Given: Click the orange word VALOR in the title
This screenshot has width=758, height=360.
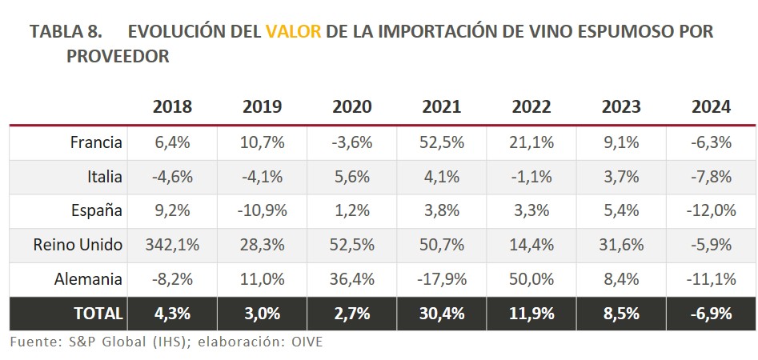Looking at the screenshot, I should (294, 32).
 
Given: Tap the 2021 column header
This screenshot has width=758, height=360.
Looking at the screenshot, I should (441, 106).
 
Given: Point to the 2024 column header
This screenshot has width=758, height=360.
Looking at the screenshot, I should (711, 106).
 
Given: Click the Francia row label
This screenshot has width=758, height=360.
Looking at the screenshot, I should (96, 142).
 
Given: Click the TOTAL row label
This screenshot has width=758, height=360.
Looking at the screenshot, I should (98, 314).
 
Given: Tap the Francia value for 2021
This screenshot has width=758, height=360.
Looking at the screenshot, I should (441, 142).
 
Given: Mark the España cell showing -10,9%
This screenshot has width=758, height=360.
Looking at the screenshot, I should (262, 210).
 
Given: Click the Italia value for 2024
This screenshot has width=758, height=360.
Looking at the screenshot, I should (711, 176).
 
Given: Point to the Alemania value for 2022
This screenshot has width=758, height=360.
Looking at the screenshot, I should (531, 279).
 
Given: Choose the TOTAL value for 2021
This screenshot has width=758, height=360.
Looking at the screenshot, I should (441, 314).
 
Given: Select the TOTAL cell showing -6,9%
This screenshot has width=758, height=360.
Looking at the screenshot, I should (711, 314).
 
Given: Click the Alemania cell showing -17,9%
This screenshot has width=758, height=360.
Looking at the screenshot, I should (441, 279).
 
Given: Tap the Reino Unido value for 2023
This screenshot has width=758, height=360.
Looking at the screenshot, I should (620, 245).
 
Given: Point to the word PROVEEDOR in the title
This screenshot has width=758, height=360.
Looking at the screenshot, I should (118, 57).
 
